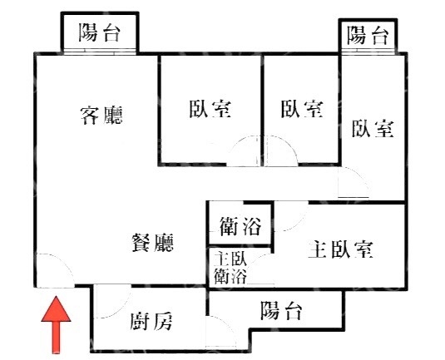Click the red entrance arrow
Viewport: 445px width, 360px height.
tap(57, 325)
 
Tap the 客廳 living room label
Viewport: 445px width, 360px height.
tap(101, 115)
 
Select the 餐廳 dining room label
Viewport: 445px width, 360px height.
tap(152, 242)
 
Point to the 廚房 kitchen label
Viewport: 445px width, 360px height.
tap(151, 321)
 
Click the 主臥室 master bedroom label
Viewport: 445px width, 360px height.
tap(340, 249)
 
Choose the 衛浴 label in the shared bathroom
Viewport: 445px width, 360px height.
tap(240, 226)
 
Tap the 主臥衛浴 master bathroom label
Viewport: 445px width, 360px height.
tap(230, 268)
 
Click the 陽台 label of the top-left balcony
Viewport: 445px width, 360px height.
tap(99, 32)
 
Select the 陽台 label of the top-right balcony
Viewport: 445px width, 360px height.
tap(368, 35)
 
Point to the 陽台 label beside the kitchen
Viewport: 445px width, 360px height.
tap(281, 310)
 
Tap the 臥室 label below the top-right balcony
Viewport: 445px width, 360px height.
tap(373, 129)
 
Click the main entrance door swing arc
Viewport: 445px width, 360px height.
tap(64, 264)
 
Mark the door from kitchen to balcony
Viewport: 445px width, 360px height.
tap(227, 325)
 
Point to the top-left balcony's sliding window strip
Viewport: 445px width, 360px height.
tap(99, 51)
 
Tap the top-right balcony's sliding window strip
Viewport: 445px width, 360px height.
tap(368, 51)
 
